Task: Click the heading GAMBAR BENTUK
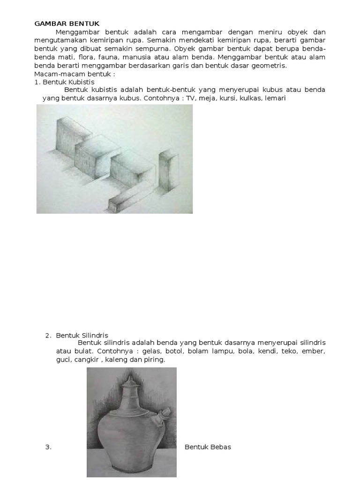[67, 24]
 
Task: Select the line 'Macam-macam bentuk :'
[75, 74]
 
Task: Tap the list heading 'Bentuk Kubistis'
[68, 82]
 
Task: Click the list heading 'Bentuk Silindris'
[82, 335]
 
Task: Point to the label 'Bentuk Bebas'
[208, 447]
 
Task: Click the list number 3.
[48, 447]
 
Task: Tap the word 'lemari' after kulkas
[275, 98]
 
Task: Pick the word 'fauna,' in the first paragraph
[109, 57]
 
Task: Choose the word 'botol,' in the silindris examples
[174, 351]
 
